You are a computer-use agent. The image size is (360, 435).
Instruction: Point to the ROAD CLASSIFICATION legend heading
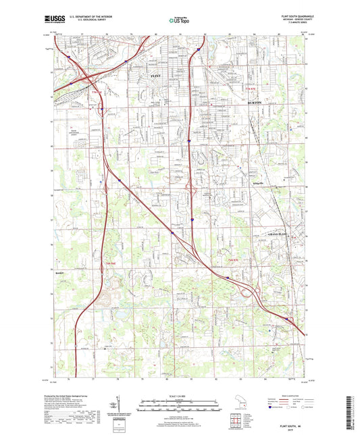[x=277, y=395]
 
